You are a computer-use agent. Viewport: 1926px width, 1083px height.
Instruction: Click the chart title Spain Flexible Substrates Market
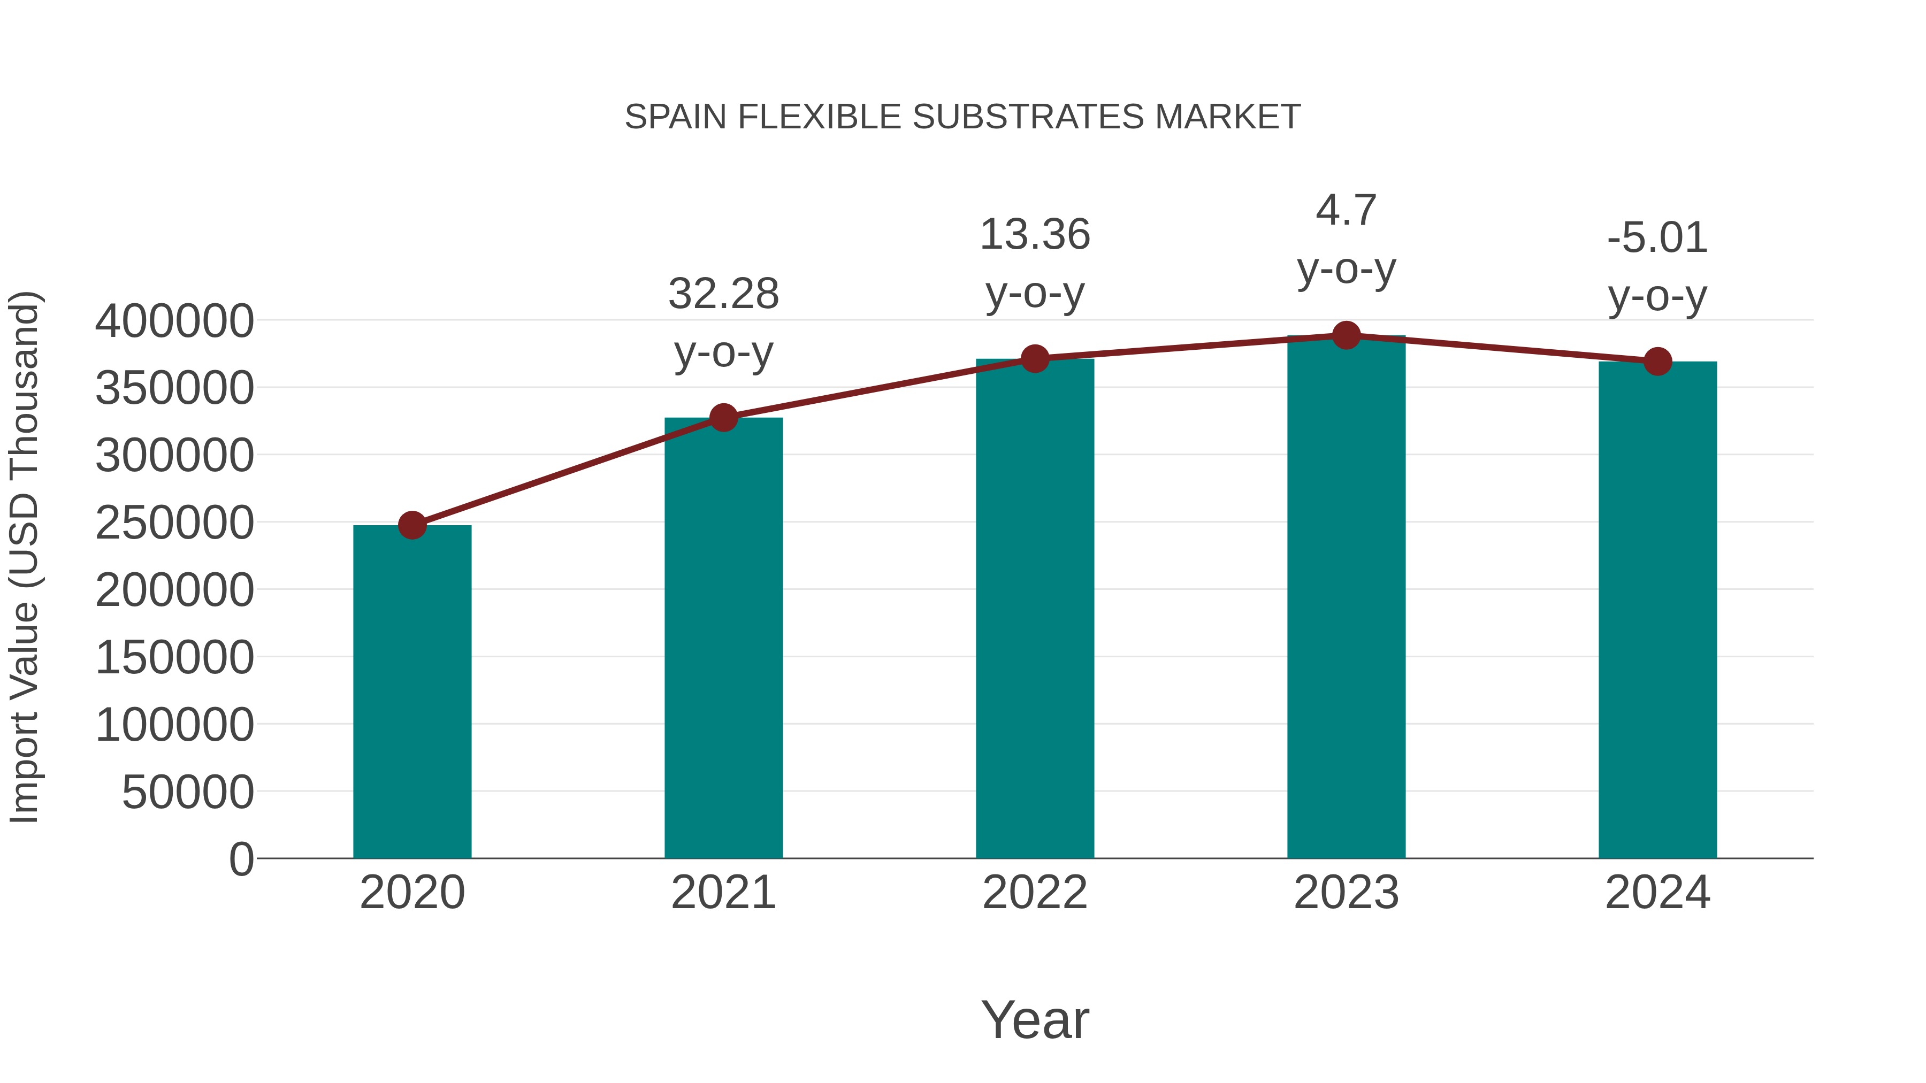pyautogui.click(x=962, y=117)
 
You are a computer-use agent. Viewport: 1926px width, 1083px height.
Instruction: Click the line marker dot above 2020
pyautogui.click(x=412, y=525)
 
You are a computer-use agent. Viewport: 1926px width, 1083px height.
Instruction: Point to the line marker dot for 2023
pyautogui.click(x=1346, y=335)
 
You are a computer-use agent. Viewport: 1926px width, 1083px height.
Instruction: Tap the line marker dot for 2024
pyautogui.click(x=1657, y=362)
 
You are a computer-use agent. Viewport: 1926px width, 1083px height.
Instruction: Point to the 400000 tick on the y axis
pyautogui.click(x=174, y=321)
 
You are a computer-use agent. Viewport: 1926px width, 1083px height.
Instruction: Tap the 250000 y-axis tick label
pyautogui.click(x=174, y=523)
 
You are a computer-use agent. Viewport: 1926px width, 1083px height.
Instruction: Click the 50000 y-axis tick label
pyautogui.click(x=188, y=792)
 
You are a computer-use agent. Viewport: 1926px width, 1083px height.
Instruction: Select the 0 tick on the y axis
pyautogui.click(x=241, y=859)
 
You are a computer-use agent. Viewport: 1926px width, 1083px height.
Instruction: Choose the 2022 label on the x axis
pyautogui.click(x=1035, y=893)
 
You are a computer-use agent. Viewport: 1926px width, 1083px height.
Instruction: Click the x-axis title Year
pyautogui.click(x=1035, y=1019)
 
